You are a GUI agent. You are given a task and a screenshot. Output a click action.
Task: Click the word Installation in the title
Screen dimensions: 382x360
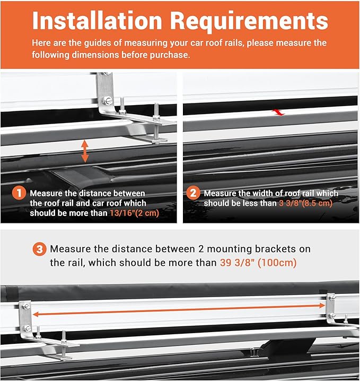(96, 21)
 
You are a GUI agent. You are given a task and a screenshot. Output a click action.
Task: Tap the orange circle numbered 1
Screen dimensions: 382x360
(19, 194)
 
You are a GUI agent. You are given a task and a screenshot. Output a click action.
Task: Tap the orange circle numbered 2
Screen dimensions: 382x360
(193, 194)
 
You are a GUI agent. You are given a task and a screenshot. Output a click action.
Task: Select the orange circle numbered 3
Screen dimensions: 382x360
(39, 249)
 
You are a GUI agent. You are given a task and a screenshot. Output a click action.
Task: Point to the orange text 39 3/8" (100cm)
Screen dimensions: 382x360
(258, 263)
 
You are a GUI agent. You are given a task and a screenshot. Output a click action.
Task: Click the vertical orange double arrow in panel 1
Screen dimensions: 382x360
(85, 151)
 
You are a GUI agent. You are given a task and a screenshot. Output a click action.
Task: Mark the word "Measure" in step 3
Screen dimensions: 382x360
(70, 249)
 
